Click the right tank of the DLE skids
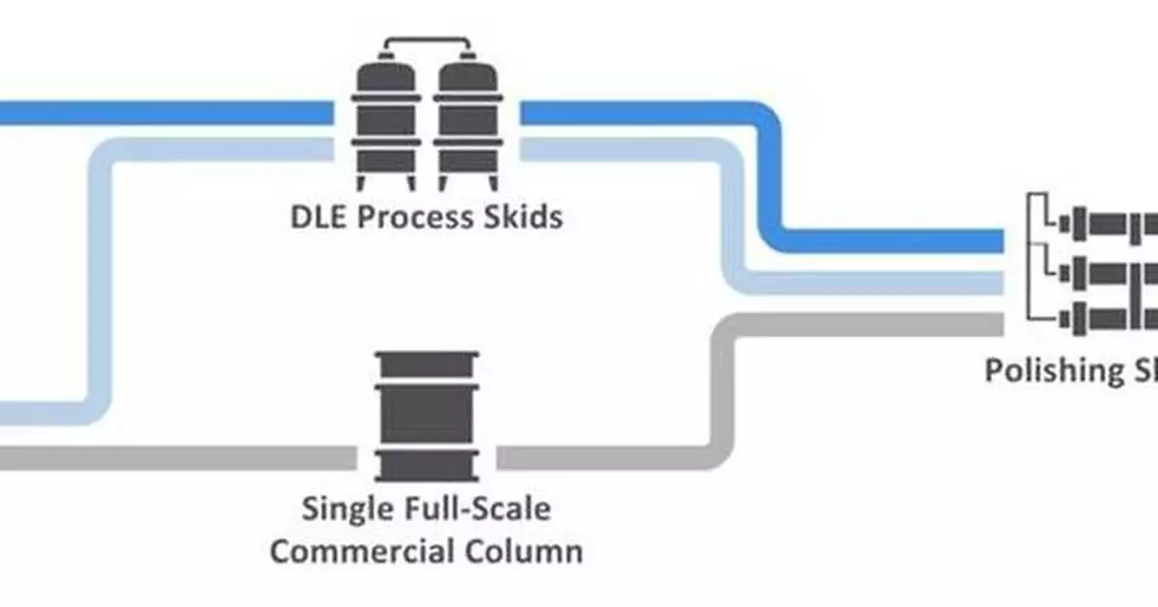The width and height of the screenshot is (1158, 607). click(x=467, y=124)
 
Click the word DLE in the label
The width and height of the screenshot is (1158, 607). click(x=318, y=216)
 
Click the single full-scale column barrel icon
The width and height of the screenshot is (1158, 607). click(x=425, y=416)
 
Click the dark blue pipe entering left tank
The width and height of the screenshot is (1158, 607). click(x=164, y=112)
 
